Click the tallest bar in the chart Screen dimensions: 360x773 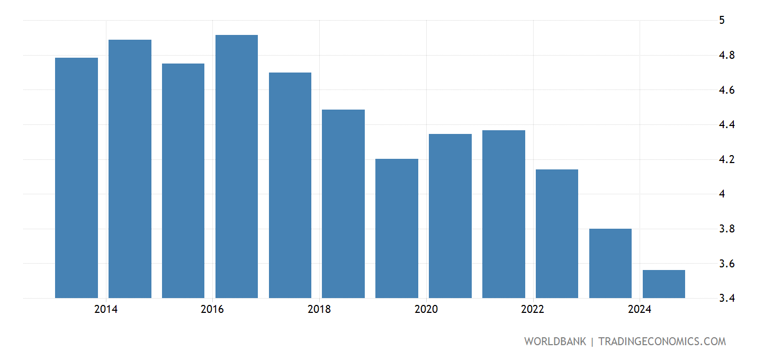(x=236, y=166)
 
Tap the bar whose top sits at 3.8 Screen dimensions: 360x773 (x=610, y=263)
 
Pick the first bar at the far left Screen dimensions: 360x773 (x=76, y=177)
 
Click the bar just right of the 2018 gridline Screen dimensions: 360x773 (x=343, y=203)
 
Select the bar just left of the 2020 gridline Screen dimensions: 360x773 (x=397, y=228)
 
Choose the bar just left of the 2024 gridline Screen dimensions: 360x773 (x=610, y=263)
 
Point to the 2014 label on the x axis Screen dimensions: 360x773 (x=106, y=310)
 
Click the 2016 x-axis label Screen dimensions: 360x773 (x=212, y=310)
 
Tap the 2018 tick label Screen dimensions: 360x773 (x=319, y=310)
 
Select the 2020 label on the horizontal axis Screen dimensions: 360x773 (x=426, y=310)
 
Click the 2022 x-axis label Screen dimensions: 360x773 (x=533, y=310)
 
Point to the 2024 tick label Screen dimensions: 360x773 (x=640, y=310)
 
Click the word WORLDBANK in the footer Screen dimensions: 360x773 (x=555, y=341)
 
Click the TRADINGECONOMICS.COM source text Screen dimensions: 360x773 (x=662, y=341)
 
